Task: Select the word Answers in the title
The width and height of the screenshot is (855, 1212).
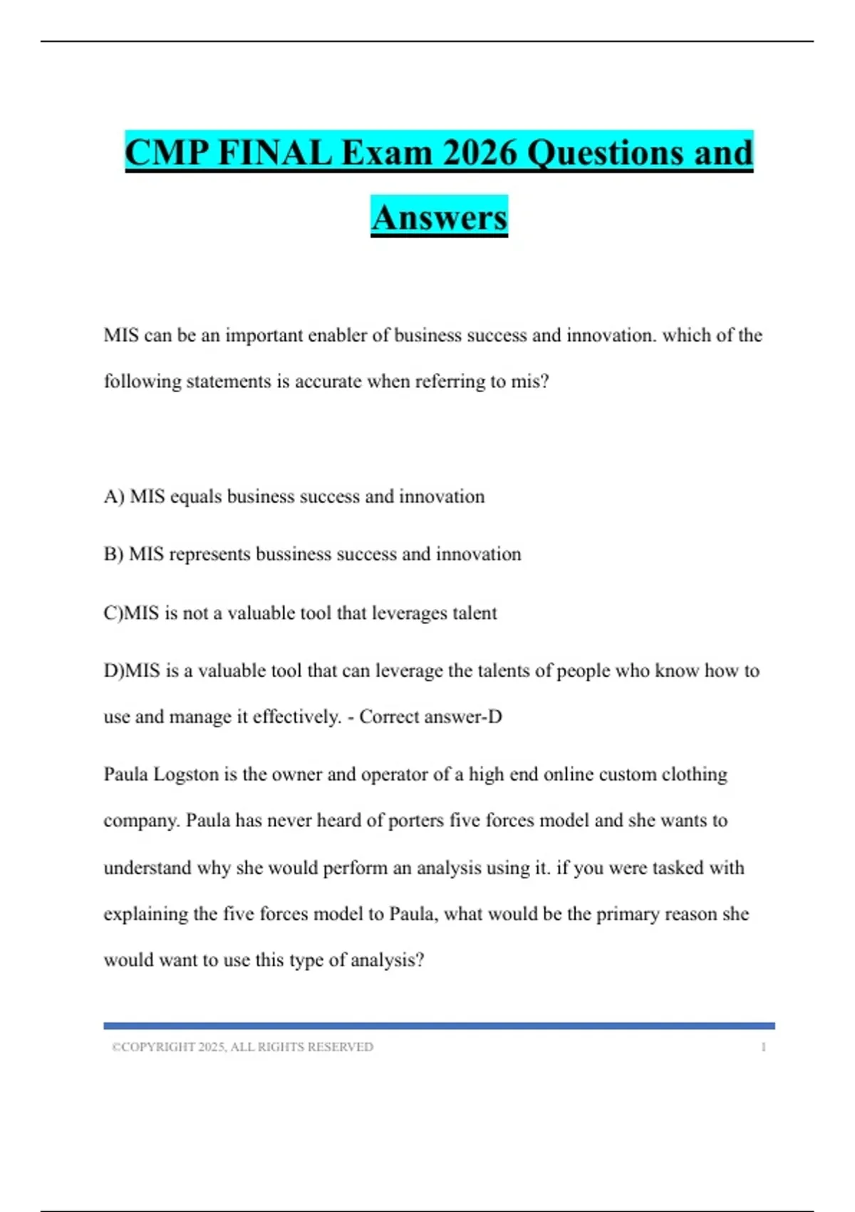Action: pos(439,217)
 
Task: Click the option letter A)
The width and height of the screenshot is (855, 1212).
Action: pos(114,497)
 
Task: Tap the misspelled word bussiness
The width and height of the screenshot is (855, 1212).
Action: pos(293,555)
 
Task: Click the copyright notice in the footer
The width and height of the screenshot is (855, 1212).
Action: pos(242,1047)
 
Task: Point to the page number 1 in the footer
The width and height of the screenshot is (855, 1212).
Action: pos(763,1047)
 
